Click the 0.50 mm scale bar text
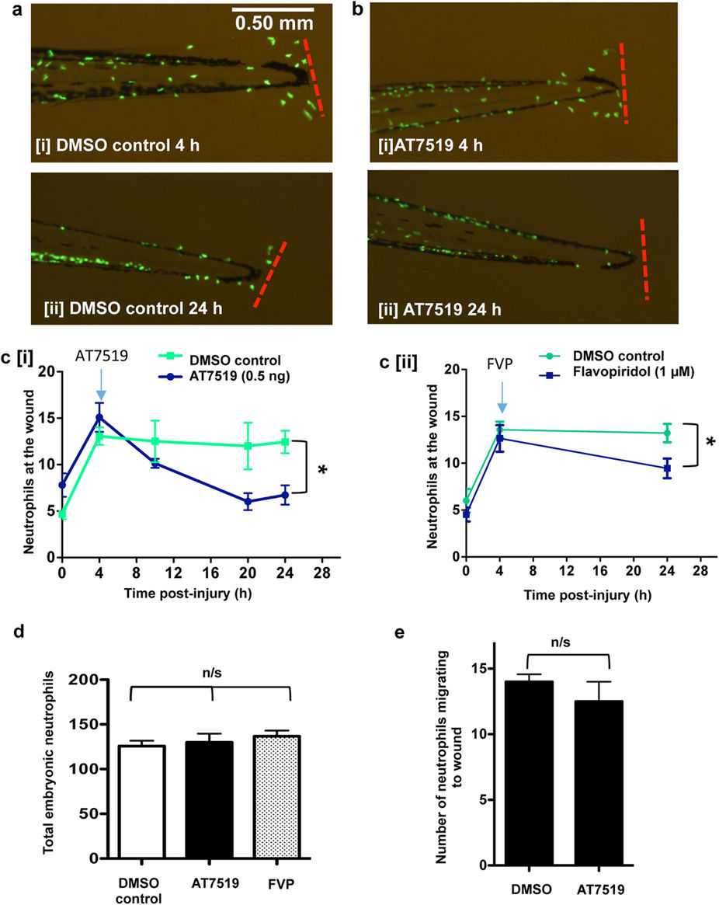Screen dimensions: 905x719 (x=276, y=23)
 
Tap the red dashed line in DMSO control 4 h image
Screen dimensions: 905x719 (x=312, y=78)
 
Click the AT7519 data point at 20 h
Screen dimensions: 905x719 (x=248, y=501)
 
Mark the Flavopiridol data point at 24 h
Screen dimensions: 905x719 (x=667, y=468)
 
